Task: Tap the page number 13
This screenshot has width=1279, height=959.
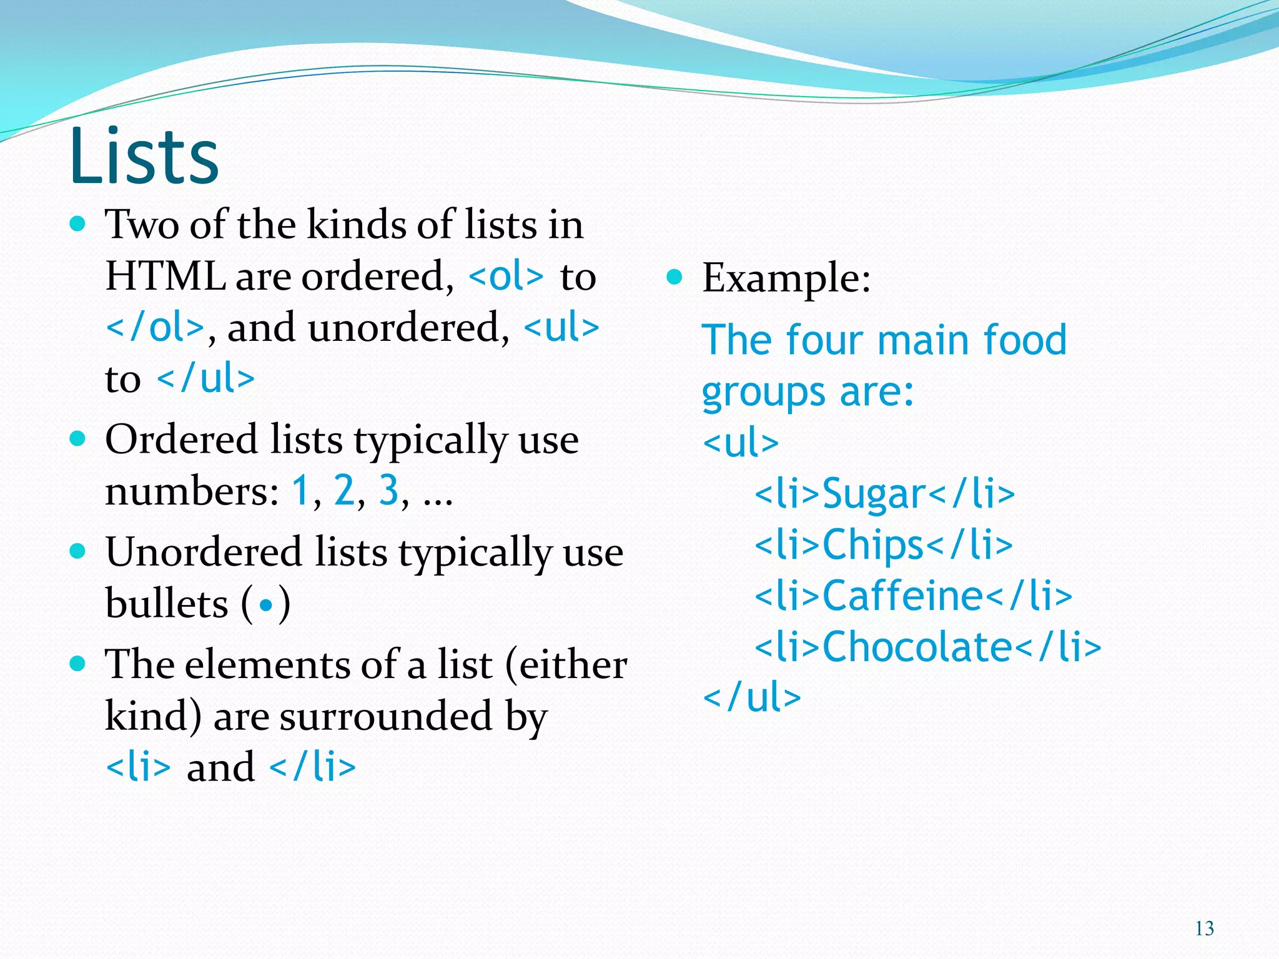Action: point(1204,928)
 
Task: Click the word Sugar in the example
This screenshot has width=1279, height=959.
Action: point(874,494)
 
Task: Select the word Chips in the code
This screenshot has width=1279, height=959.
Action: point(872,545)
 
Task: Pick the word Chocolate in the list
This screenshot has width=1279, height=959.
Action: point(917,646)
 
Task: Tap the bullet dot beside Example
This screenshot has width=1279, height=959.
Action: point(674,277)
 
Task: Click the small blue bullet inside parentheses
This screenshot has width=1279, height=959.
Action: point(267,605)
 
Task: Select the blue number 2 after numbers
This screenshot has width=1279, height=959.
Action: point(344,490)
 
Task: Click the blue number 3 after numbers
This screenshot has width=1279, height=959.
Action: point(388,490)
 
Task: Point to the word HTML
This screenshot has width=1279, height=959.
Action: point(165,276)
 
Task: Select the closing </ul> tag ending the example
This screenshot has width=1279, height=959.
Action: point(752,697)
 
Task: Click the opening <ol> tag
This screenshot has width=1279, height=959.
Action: point(506,276)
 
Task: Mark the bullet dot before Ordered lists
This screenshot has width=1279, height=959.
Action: point(77,438)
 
